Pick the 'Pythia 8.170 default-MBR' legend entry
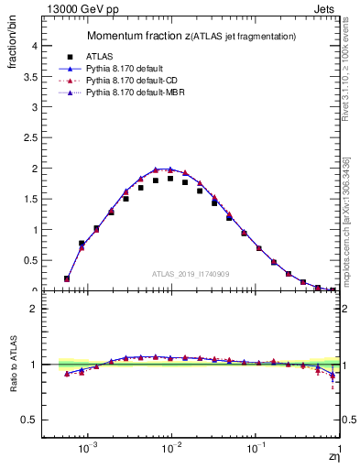138,93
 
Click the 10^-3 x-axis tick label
88,449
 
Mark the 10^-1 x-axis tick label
256,449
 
